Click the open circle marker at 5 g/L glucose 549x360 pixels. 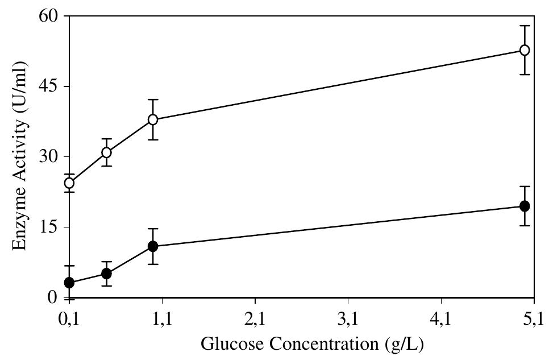point(525,50)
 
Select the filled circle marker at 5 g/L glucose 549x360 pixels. point(525,206)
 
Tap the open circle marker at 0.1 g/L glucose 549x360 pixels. point(69,183)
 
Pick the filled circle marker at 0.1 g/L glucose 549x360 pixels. point(69,283)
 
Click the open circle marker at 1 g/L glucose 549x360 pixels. point(153,119)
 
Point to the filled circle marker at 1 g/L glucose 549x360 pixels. point(153,246)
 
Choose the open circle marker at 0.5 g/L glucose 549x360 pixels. point(106,152)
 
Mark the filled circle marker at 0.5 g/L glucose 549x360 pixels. point(106,274)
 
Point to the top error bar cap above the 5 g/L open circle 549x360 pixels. point(525,26)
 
